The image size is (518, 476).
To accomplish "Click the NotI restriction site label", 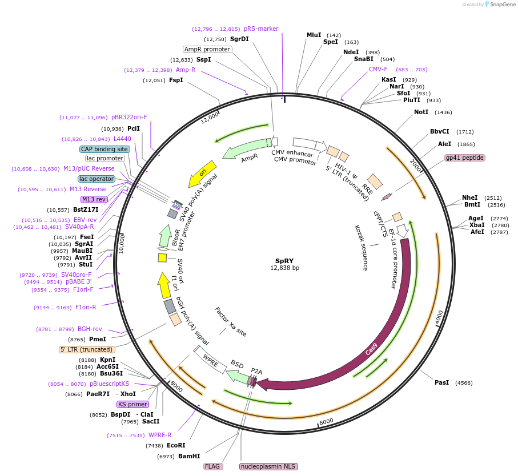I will (421, 112).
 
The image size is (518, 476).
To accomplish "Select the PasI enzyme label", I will (441, 382).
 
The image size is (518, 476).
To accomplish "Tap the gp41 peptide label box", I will (465, 158).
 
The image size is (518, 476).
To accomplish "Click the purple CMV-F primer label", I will (378, 70).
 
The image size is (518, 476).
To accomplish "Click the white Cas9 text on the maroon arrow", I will (372, 348).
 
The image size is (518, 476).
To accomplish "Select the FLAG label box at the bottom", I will (212, 466).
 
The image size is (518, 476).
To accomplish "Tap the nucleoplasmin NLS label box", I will (268, 466).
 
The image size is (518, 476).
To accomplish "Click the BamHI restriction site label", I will (189, 456).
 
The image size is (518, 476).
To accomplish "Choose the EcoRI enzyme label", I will (176, 445).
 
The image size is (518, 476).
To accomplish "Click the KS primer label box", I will (132, 404).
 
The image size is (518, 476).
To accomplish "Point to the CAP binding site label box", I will (105, 149).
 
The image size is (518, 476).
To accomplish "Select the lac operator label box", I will (97, 179).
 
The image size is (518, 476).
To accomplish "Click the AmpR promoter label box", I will (207, 49).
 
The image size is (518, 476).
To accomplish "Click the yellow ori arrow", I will (203, 174).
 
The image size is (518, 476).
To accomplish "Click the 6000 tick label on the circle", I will (326, 421).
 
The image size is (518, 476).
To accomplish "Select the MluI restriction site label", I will (314, 35).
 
